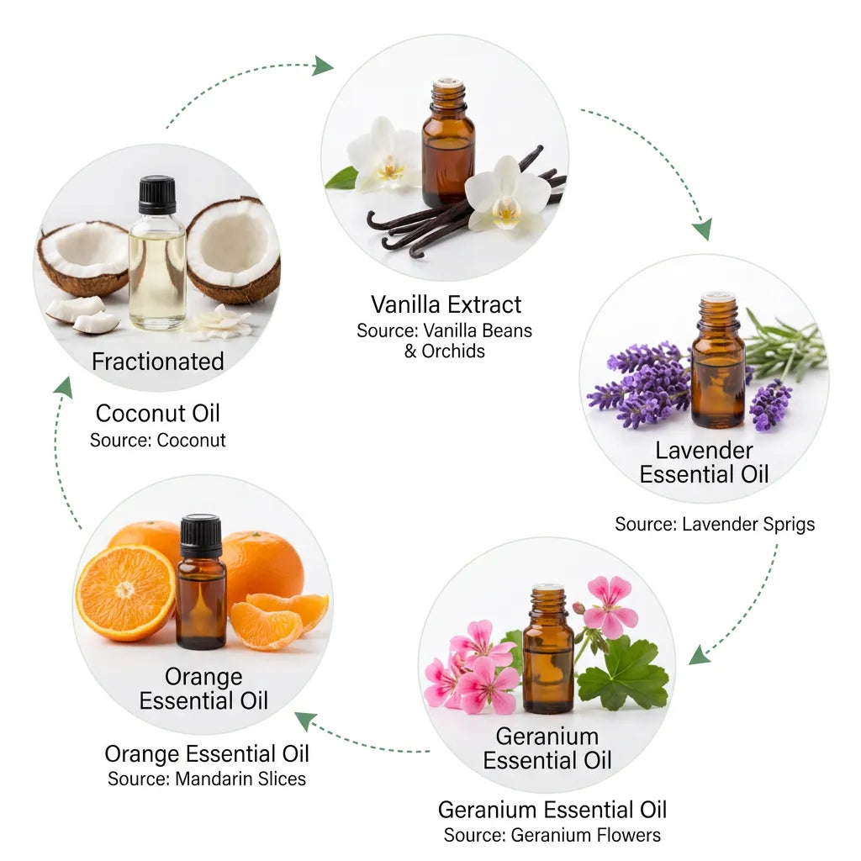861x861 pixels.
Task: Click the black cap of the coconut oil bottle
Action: (157, 195)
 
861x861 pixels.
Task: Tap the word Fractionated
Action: (157, 362)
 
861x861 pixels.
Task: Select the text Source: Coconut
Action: (157, 440)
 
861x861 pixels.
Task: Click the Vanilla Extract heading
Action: (446, 304)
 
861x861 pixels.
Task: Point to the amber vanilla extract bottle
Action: (448, 143)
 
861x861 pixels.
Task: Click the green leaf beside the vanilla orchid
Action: (341, 179)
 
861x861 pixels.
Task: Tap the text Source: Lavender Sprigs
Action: (715, 525)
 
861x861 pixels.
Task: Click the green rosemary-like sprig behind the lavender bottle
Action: (785, 343)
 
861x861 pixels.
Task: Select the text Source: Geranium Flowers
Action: (552, 835)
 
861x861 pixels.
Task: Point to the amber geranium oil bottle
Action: (547, 649)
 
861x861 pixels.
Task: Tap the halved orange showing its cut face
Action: (125, 593)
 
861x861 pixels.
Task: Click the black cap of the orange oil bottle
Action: (200, 536)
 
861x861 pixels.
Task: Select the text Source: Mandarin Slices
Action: (207, 779)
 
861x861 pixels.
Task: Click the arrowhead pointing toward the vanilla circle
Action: (323, 66)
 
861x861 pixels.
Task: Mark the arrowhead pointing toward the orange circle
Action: (306, 721)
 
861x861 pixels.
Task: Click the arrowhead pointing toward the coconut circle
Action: (64, 387)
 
